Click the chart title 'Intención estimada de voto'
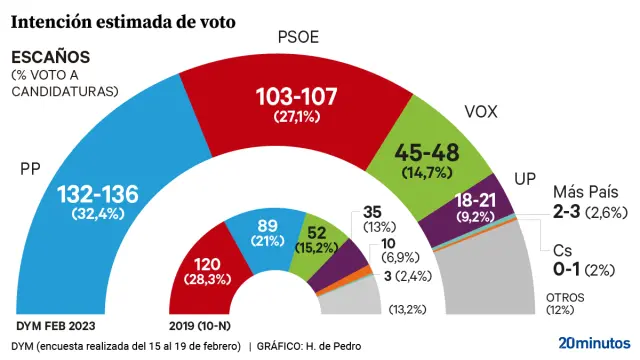123,20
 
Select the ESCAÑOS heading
50,57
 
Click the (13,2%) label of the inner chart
407,309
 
